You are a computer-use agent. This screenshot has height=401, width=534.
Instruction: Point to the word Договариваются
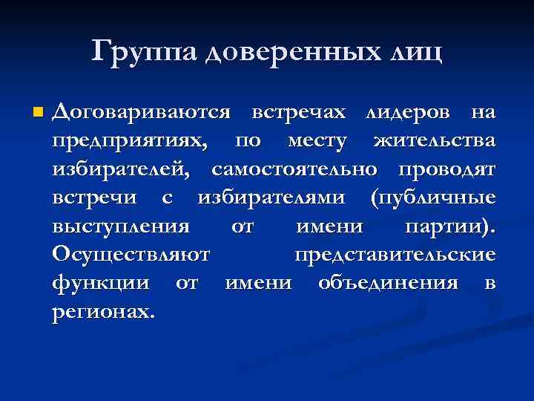tap(142, 113)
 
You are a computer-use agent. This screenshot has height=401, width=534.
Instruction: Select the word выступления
tap(121, 226)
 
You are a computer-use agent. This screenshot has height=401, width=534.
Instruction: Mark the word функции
tap(103, 283)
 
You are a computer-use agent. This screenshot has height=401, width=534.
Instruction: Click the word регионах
tap(103, 311)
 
